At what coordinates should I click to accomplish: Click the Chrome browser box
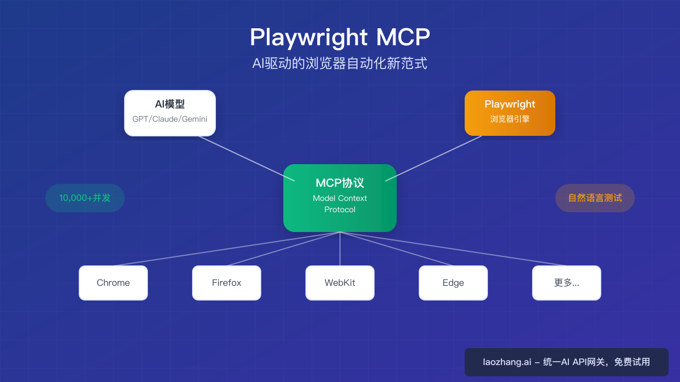click(x=113, y=283)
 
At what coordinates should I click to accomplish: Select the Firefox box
click(x=227, y=283)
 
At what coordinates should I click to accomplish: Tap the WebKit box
click(x=340, y=283)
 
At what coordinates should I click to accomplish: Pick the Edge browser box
click(x=453, y=283)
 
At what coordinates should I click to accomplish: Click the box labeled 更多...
click(x=567, y=283)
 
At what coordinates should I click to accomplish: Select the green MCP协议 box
click(x=340, y=198)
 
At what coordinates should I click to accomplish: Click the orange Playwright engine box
click(x=510, y=113)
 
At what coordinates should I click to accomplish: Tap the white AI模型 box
click(x=170, y=113)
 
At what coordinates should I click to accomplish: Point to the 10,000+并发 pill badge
click(x=85, y=198)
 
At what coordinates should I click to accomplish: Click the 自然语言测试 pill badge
click(x=595, y=198)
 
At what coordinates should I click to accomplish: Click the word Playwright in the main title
click(x=309, y=37)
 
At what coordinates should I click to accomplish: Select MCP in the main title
click(x=403, y=37)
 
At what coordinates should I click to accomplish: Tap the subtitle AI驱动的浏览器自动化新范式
click(x=340, y=63)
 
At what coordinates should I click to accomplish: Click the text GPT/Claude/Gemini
click(x=170, y=119)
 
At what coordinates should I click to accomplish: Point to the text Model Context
click(x=340, y=198)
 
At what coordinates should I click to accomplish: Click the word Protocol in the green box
click(x=340, y=209)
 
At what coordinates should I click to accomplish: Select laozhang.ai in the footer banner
click(x=507, y=362)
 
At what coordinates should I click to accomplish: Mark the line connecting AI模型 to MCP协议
click(x=247, y=158)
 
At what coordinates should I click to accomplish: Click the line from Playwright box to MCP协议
click(x=433, y=158)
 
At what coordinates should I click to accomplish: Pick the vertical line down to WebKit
click(x=340, y=249)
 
